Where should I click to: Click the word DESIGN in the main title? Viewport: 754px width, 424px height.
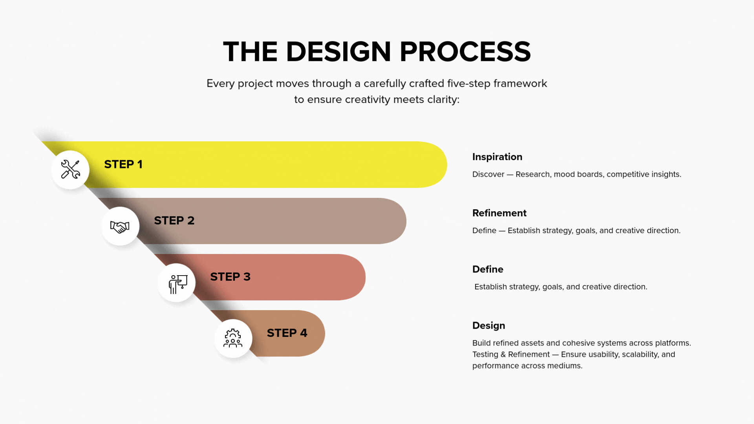(x=339, y=52)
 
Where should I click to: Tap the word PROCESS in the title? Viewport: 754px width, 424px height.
(x=465, y=52)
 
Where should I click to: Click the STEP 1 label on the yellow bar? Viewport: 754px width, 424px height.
(x=123, y=164)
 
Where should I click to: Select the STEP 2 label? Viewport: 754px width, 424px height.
(x=174, y=221)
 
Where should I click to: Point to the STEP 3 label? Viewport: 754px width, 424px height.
(x=230, y=277)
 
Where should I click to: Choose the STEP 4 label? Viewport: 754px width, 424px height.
(x=287, y=333)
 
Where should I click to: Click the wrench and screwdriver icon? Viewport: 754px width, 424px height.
(x=71, y=170)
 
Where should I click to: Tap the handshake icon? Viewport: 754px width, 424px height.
(x=120, y=227)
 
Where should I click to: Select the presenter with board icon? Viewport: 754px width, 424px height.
(x=178, y=284)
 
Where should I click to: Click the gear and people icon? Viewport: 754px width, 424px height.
(x=233, y=338)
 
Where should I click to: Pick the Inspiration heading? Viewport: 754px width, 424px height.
(x=497, y=157)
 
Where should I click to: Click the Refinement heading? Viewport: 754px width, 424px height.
(x=499, y=213)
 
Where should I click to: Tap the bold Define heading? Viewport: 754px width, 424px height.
(x=488, y=269)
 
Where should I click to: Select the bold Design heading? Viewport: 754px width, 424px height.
(x=489, y=326)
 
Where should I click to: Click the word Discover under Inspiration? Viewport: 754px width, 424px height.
(x=488, y=174)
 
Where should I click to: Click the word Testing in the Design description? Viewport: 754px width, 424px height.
(x=485, y=355)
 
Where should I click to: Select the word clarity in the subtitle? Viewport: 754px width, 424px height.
(x=443, y=100)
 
